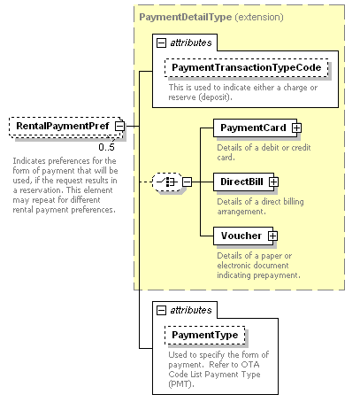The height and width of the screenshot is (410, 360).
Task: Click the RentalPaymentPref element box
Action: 66,127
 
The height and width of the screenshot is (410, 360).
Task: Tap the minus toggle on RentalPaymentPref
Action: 119,126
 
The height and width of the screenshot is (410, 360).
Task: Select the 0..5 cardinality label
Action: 106,147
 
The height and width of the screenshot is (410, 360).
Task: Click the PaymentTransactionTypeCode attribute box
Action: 247,67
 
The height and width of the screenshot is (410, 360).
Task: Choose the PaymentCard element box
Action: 256,128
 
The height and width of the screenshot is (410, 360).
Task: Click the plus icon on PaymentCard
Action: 296,128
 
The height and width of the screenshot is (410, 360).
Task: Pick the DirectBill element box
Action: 244,182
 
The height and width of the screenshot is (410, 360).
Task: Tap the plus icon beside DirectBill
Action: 273,182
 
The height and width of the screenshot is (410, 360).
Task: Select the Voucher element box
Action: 243,236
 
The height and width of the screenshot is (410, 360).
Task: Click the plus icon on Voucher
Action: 272,236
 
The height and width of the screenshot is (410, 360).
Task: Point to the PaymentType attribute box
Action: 205,335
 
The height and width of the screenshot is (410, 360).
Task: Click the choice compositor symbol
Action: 167,182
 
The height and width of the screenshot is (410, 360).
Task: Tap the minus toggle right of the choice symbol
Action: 187,182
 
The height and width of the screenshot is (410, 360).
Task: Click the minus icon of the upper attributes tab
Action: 161,43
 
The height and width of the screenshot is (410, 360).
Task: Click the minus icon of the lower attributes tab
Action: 161,310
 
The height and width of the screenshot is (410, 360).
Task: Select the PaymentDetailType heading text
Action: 186,17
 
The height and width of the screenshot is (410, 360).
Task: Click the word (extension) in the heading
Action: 259,17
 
